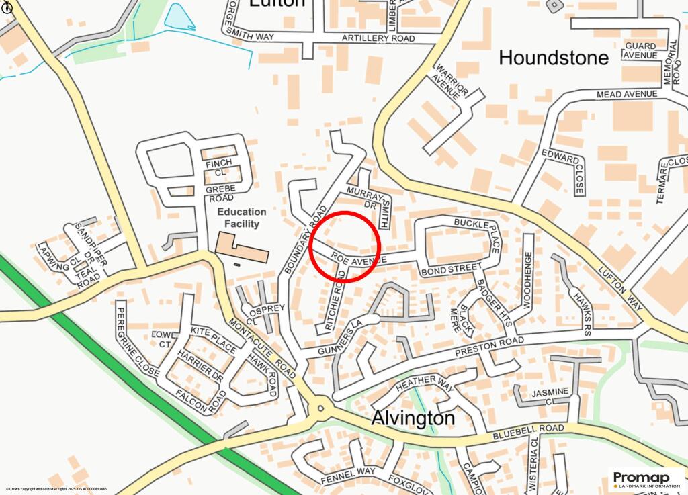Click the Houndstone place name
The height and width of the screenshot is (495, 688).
(x=554, y=58)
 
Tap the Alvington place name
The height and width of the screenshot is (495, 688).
(x=413, y=418)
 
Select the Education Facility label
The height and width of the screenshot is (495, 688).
(x=241, y=218)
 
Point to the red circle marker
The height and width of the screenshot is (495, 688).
(x=345, y=245)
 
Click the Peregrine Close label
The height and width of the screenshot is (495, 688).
(x=140, y=339)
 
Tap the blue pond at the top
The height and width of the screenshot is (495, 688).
(x=179, y=17)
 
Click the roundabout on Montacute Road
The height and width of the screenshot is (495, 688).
(x=321, y=407)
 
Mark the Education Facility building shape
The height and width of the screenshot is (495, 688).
(x=241, y=248)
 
